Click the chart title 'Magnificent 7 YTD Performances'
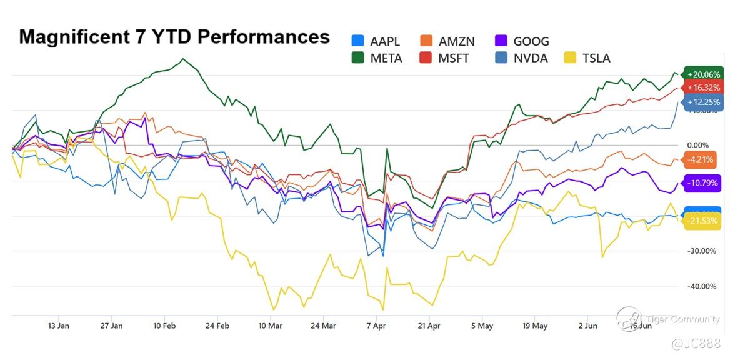(174, 37)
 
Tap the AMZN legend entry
(447, 42)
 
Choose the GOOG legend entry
(522, 42)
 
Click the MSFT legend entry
(447, 58)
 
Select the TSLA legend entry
(587, 58)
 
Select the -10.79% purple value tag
(703, 184)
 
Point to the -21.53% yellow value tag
(703, 221)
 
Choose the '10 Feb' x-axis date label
(164, 326)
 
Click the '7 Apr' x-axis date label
(377, 326)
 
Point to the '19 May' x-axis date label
(535, 326)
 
